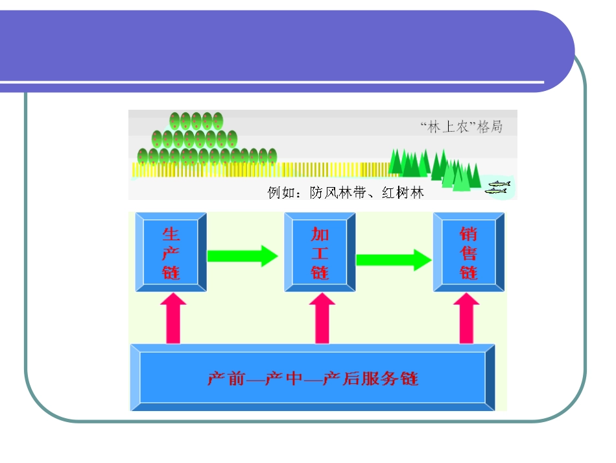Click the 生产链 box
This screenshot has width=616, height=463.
(x=171, y=252)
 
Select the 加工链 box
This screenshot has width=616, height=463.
(x=320, y=252)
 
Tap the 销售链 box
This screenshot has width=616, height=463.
(x=468, y=252)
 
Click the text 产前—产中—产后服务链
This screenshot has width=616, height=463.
(x=313, y=378)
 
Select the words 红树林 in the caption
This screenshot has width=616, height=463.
(x=403, y=193)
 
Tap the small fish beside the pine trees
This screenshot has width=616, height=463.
(x=498, y=188)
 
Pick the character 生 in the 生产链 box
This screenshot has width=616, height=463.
(x=171, y=233)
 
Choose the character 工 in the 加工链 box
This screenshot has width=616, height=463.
(x=320, y=253)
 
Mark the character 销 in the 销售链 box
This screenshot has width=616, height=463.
(x=468, y=233)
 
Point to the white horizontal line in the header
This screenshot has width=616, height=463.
(x=272, y=82)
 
